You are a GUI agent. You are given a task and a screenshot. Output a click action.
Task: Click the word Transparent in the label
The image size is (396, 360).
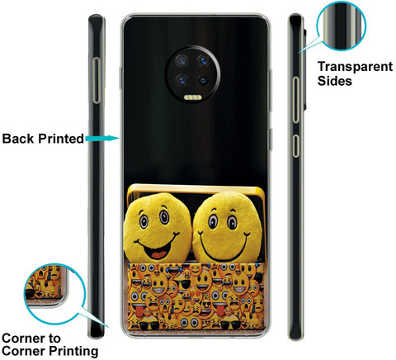[355, 67]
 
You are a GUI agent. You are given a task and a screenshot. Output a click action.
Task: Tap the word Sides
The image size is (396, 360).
[335, 81]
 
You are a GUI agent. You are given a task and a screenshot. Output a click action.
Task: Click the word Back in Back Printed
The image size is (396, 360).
[18, 139]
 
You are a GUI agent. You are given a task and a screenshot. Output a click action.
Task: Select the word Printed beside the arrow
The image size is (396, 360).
[61, 139]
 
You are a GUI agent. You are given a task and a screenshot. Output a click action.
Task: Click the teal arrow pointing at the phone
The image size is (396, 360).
[102, 138]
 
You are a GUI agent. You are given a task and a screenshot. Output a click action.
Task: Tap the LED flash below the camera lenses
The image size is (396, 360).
[192, 97]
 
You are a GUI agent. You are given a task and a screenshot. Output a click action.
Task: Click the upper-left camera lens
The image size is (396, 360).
[181, 61]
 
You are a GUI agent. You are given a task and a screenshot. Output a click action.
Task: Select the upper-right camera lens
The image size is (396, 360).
[203, 61]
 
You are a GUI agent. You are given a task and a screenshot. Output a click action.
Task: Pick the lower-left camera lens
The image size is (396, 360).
[181, 81]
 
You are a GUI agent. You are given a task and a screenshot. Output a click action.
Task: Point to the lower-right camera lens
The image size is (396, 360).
[203, 81]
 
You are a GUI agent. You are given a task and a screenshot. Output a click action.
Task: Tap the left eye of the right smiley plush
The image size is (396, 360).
[213, 221]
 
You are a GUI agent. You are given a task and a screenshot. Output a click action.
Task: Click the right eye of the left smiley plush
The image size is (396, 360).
[164, 217]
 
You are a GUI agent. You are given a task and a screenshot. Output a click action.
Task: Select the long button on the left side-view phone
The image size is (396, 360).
[97, 80]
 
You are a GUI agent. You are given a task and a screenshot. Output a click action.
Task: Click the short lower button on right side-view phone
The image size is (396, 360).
[295, 146]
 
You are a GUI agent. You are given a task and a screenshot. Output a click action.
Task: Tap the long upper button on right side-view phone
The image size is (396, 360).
[295, 100]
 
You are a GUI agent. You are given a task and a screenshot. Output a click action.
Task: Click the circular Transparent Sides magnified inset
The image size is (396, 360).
[341, 26]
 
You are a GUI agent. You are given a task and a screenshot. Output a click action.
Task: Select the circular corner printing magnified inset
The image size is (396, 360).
[54, 294]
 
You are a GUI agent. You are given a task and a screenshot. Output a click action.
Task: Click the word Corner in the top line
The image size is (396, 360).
[31, 338]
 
